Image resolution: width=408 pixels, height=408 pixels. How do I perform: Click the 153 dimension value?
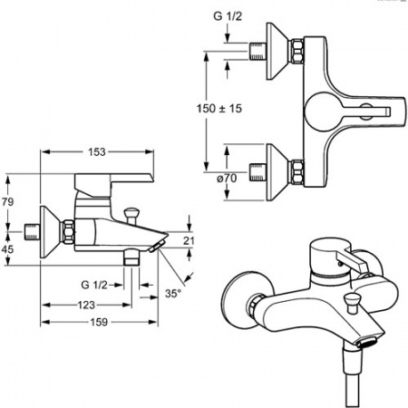pyautogui.click(x=97, y=152)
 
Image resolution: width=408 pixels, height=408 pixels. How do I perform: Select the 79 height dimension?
pyautogui.click(x=7, y=201)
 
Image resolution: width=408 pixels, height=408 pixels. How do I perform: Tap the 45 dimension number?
pyautogui.click(x=7, y=249)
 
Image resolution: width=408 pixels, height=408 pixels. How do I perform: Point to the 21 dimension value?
pyautogui.click(x=189, y=240)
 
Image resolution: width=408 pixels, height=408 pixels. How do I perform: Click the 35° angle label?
pyautogui.click(x=173, y=293)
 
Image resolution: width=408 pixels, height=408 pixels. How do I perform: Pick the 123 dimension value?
pyautogui.click(x=86, y=305)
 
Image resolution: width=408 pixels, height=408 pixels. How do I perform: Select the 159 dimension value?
pyautogui.click(x=99, y=322)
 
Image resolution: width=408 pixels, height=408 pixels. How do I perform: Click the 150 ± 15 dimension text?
pyautogui.click(x=219, y=108)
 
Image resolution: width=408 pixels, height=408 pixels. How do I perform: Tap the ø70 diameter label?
pyautogui.click(x=227, y=179)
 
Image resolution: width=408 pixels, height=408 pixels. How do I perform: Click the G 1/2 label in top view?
pyautogui.click(x=228, y=16)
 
